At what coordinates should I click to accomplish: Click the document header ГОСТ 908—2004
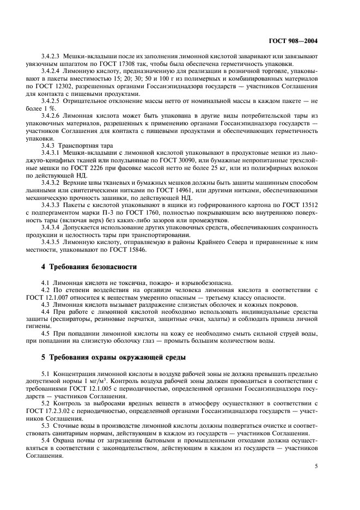coord(309,39)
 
